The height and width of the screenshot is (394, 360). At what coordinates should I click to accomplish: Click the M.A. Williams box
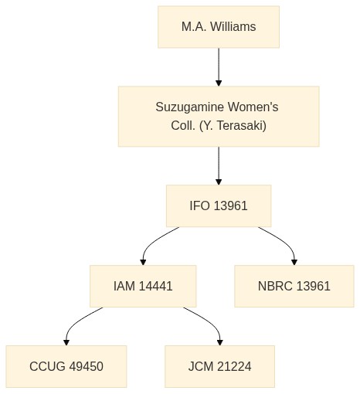[219, 27]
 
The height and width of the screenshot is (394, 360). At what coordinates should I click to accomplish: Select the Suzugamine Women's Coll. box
[219, 117]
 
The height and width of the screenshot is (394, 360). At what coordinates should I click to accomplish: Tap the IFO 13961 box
[219, 205]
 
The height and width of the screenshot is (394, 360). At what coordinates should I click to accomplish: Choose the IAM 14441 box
[143, 286]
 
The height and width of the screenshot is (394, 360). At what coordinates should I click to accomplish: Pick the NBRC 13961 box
[294, 286]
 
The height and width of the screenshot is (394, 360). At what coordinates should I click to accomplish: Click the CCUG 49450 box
[66, 366]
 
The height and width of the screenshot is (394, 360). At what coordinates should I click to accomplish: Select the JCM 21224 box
[219, 366]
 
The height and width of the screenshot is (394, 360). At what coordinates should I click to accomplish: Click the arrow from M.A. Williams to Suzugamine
[219, 67]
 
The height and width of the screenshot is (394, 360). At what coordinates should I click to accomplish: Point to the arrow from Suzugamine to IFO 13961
[219, 166]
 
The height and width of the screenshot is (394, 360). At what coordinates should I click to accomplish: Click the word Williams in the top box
[233, 27]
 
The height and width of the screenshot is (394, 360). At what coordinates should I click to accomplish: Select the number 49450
[87, 366]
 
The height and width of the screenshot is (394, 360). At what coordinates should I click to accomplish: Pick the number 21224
[234, 366]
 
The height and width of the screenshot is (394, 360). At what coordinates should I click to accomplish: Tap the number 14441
[155, 286]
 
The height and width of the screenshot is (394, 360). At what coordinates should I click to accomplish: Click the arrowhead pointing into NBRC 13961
[294, 263]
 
